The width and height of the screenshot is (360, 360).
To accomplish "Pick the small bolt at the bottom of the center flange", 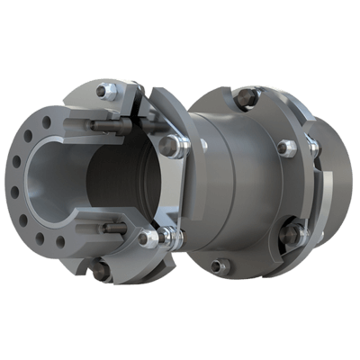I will coord(218,265).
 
